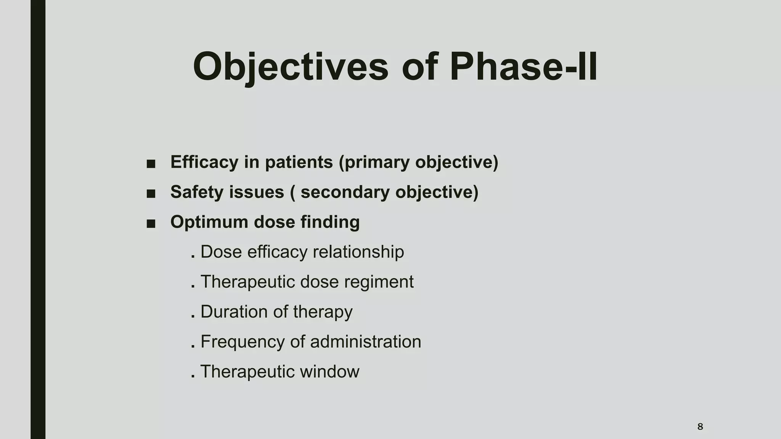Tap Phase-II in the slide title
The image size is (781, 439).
[x=523, y=67]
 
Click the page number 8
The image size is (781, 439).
[x=700, y=426]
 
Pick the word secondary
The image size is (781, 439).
[x=346, y=192]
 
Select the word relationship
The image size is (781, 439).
[x=358, y=252]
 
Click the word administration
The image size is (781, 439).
[x=365, y=341]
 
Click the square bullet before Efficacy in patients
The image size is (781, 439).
[x=151, y=164]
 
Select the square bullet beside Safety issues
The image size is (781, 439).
[x=151, y=194]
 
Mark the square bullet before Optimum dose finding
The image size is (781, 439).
[x=151, y=224]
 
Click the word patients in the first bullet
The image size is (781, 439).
[x=299, y=162]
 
